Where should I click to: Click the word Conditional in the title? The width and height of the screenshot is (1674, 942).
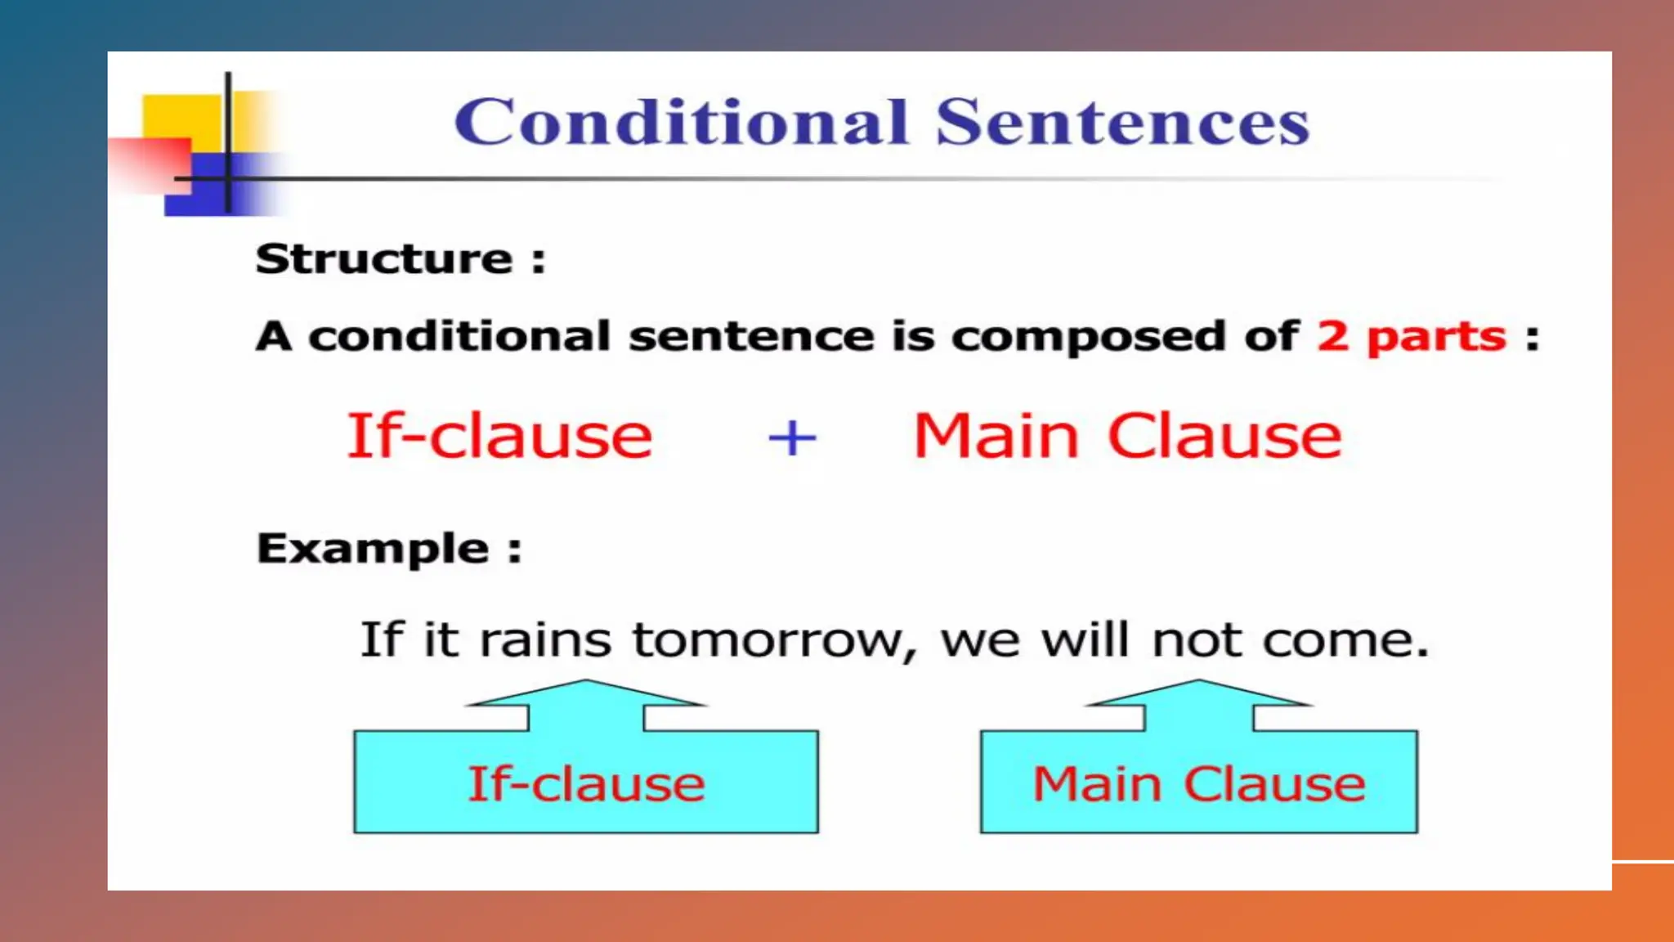[681, 122]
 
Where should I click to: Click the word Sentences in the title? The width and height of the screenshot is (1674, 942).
[1122, 122]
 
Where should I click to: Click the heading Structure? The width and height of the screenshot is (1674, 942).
[384, 259]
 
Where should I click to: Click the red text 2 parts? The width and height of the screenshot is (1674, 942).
[1411, 336]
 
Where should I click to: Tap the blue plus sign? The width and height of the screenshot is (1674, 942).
[792, 438]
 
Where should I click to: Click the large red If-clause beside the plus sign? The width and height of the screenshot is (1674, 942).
[499, 436]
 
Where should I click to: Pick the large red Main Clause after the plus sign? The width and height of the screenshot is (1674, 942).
[1127, 436]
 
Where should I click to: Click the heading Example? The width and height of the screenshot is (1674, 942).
[373, 548]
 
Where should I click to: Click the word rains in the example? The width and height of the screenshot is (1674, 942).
[545, 640]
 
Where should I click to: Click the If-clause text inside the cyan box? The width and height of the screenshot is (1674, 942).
[586, 783]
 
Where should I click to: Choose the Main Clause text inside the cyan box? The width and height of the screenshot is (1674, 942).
[1198, 783]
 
